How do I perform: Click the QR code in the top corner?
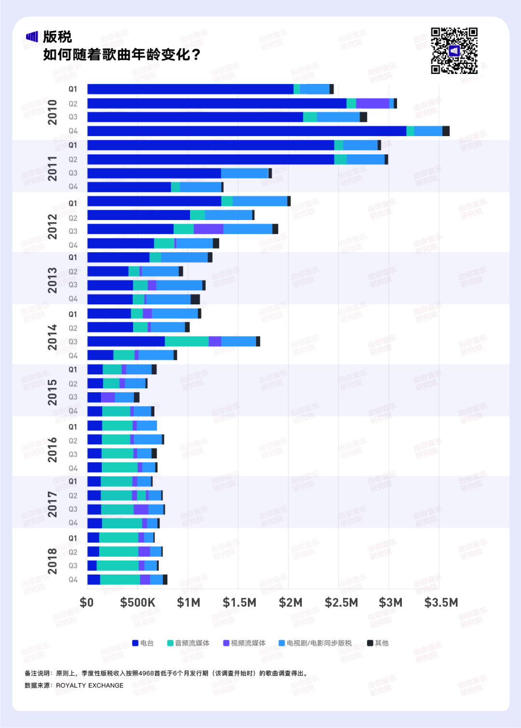454,51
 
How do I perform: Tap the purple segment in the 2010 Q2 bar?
372,103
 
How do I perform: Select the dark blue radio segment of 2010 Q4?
247,131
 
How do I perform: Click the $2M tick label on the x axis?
290,603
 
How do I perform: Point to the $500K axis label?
137,603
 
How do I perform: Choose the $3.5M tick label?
441,603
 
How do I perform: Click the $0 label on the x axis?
87,603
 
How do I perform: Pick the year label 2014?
52,337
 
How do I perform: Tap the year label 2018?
52,561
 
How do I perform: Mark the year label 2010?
52,112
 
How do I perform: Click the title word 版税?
57,37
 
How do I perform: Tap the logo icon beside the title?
32,37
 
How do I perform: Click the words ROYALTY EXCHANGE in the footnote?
90,686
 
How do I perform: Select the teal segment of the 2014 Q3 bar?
187,342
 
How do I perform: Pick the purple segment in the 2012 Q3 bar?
208,229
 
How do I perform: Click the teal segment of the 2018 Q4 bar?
120,580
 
